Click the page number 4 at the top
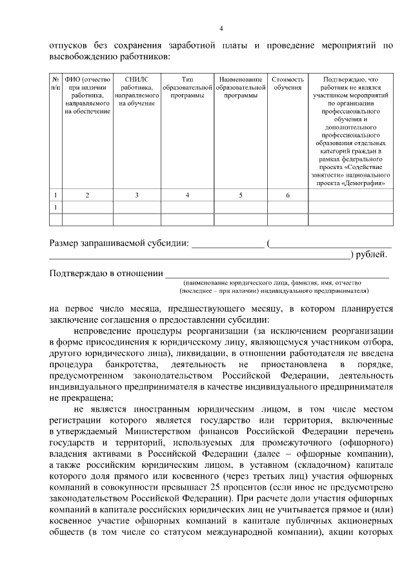(221, 28)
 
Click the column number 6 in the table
(287, 195)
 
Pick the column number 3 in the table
(136, 195)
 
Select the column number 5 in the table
(241, 195)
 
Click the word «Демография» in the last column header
(366, 183)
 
